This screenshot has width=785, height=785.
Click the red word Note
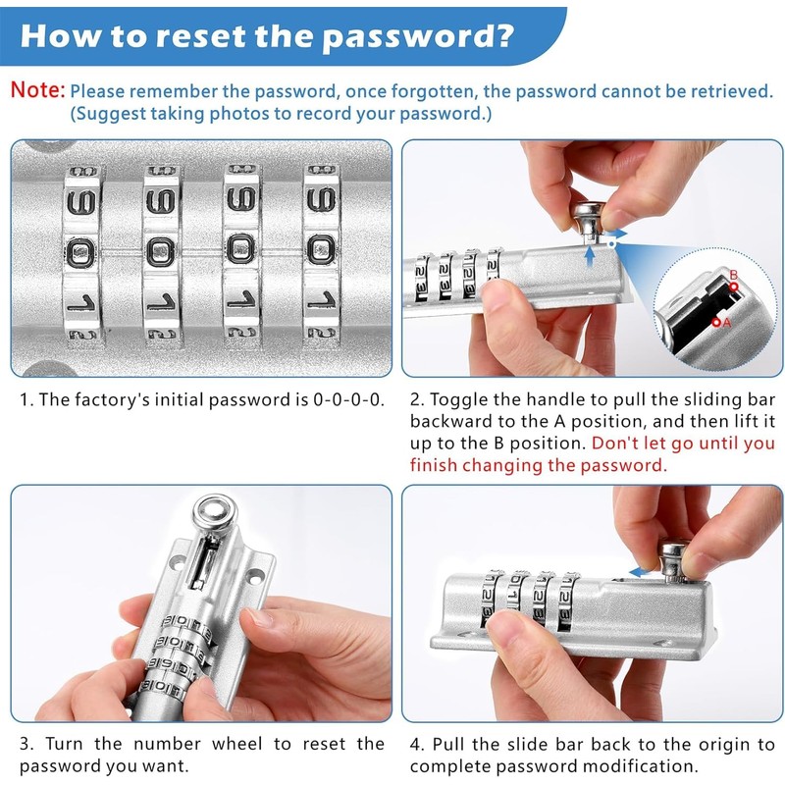(37, 90)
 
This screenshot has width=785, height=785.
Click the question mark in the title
(500, 35)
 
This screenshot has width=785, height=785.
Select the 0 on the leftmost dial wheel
(80, 251)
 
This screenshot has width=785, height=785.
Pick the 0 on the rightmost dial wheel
(321, 250)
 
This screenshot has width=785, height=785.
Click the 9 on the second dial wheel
(160, 202)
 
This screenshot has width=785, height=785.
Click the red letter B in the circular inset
(733, 275)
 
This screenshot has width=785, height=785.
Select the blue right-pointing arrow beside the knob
(617, 234)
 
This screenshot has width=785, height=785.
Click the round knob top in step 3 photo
(214, 512)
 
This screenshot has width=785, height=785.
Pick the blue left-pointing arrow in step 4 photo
(638, 573)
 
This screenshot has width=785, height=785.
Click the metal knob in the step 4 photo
(674, 560)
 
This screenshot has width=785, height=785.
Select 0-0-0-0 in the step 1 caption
(348, 399)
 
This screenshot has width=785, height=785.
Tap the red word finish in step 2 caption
(434, 465)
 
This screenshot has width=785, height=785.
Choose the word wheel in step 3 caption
(237, 744)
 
